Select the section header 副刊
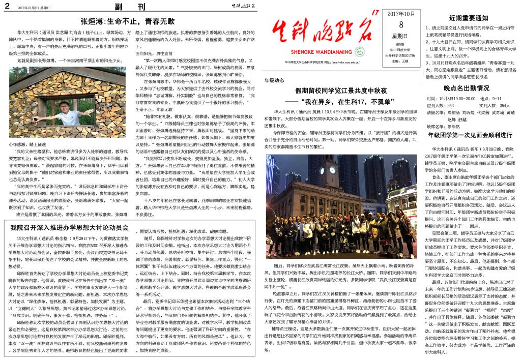point(129,7)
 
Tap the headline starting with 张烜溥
point(128,21)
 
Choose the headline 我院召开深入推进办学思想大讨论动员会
point(69,227)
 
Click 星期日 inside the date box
point(400,36)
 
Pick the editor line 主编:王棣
point(401,61)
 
